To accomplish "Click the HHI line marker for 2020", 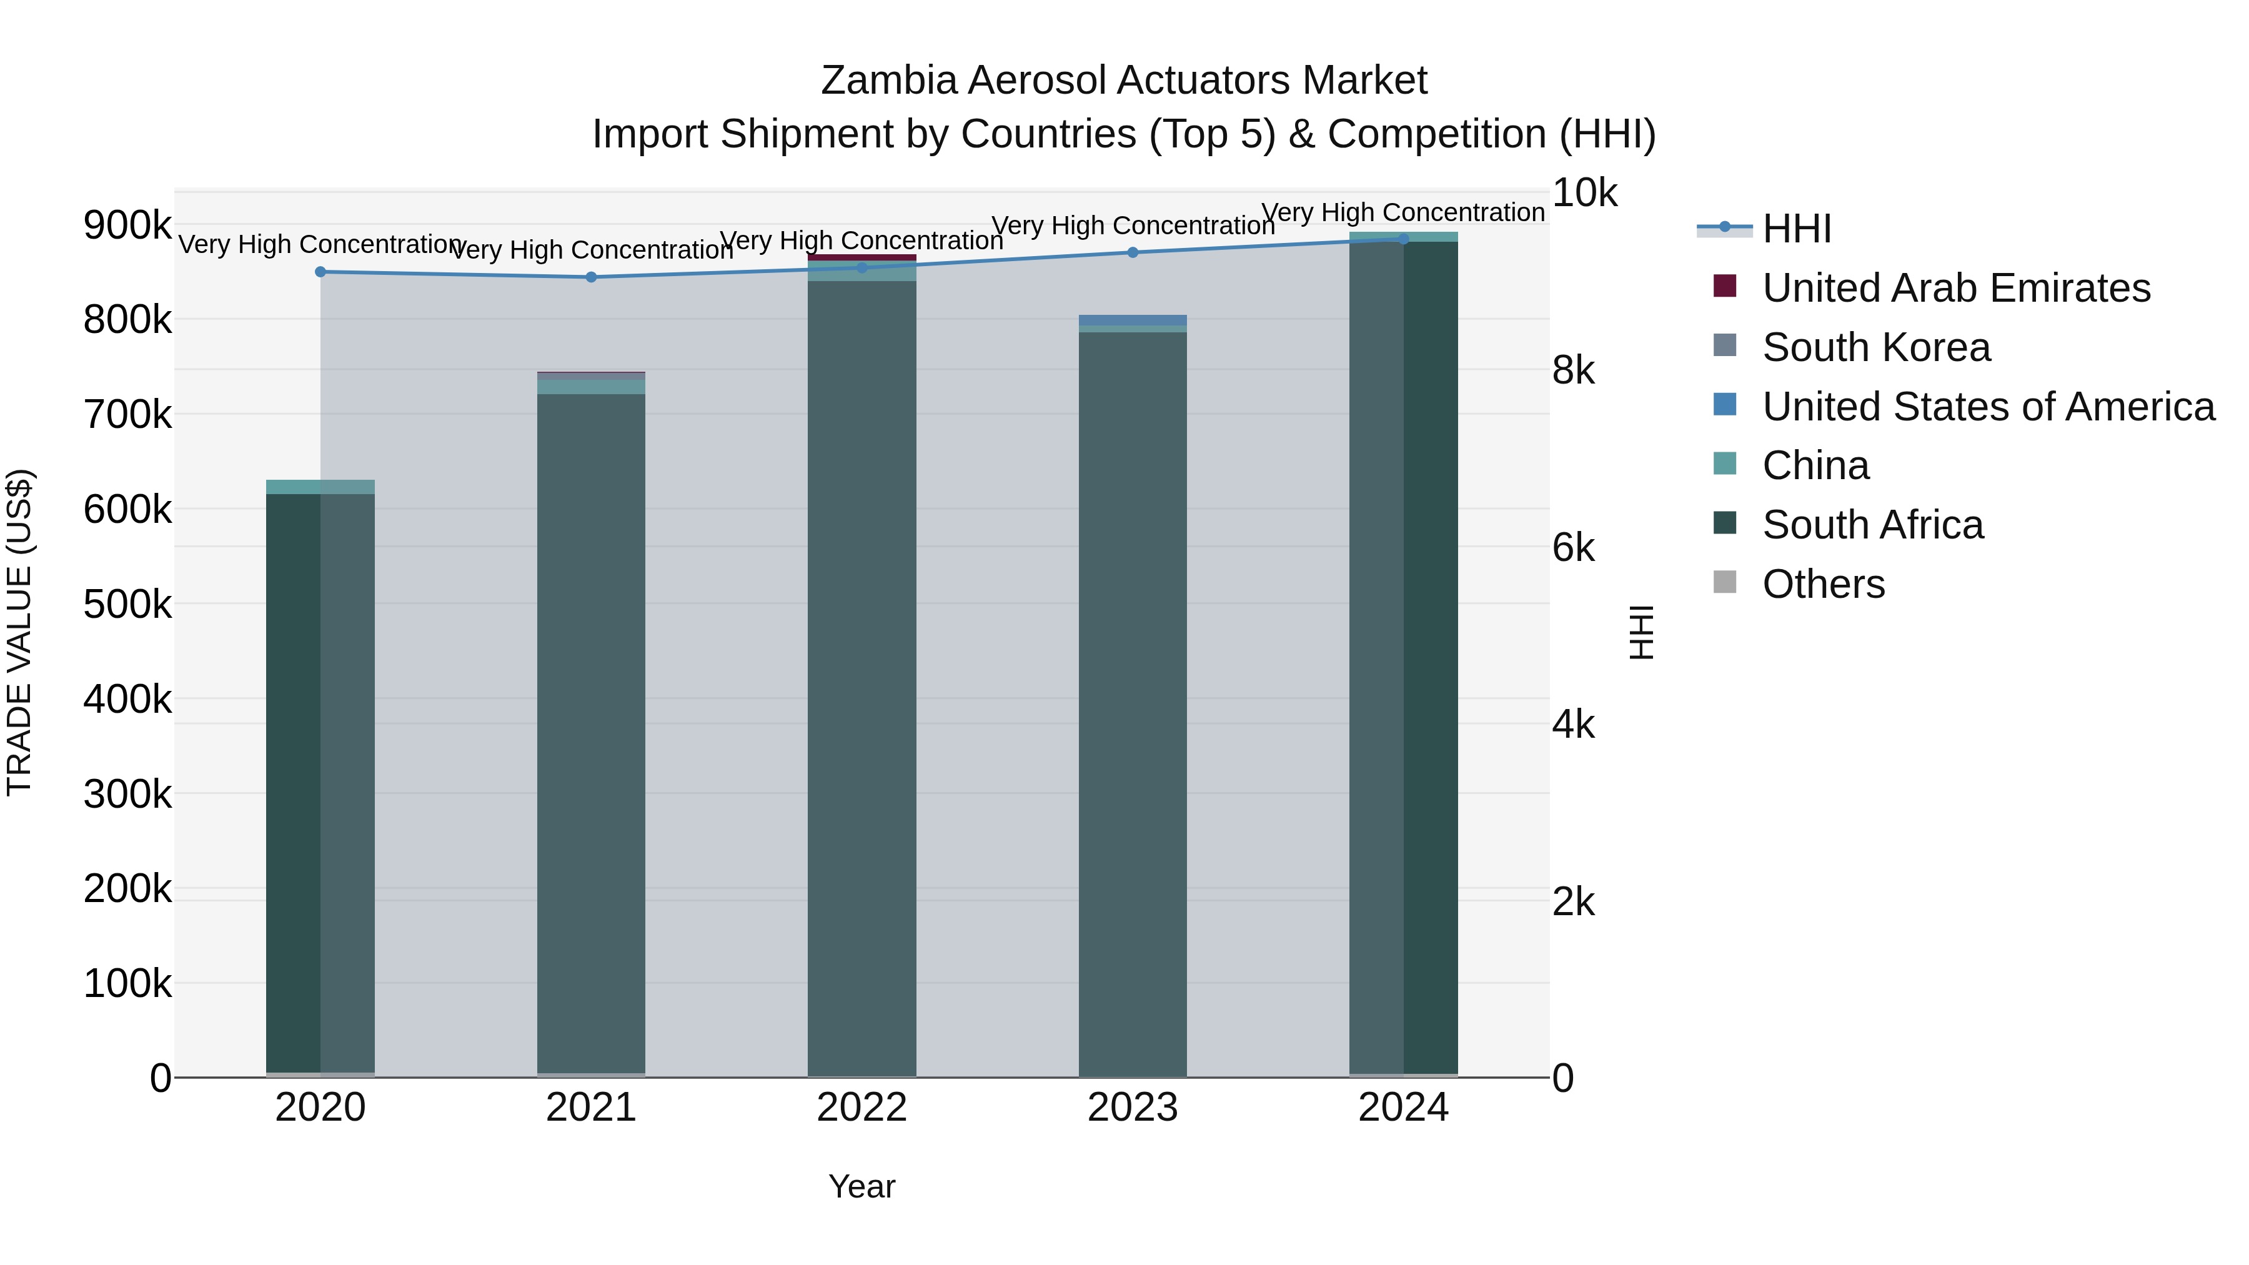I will [x=320, y=272].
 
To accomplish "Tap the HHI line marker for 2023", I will [x=1133, y=252].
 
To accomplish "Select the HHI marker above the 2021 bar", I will [x=591, y=277].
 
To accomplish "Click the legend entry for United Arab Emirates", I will [x=1955, y=288].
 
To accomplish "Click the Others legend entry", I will [x=1823, y=584].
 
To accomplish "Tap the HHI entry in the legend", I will [x=1796, y=229].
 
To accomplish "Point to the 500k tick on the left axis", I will [x=127, y=604].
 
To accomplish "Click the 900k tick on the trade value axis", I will [x=127, y=226].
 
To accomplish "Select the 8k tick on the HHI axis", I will [x=1573, y=370].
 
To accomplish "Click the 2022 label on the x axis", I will [x=861, y=1108].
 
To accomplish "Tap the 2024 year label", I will [x=1403, y=1108].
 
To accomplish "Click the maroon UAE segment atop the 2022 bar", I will [x=861, y=257].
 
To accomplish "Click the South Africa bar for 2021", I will [x=591, y=733].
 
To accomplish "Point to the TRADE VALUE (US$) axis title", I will [x=19, y=632].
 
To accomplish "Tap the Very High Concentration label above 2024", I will [x=1403, y=212].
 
